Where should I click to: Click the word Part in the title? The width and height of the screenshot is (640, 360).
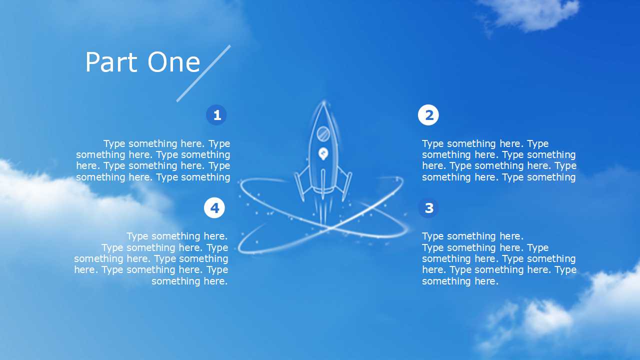pyautogui.click(x=111, y=62)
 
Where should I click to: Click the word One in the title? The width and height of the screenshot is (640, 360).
pyautogui.click(x=173, y=62)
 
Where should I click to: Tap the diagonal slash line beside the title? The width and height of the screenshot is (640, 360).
pyautogui.click(x=203, y=73)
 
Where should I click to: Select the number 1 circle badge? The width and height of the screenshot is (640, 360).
pyautogui.click(x=216, y=115)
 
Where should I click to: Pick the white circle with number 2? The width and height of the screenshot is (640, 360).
pyautogui.click(x=428, y=115)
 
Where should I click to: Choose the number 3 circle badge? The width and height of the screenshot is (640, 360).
pyautogui.click(x=428, y=207)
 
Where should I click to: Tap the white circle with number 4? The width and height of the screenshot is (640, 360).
pyautogui.click(x=214, y=207)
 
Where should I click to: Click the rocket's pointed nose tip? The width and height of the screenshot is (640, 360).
pyautogui.click(x=323, y=101)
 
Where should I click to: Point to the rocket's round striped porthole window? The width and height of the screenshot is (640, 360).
pyautogui.click(x=323, y=133)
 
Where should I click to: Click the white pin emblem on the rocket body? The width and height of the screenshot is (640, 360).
pyautogui.click(x=323, y=153)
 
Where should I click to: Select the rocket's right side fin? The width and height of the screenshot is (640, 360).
pyautogui.click(x=344, y=183)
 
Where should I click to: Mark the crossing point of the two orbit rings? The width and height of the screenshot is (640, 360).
pyautogui.click(x=330, y=227)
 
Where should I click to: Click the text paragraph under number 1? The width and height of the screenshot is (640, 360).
pyautogui.click(x=153, y=160)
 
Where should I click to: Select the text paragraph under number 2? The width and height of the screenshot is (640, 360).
pyautogui.click(x=499, y=160)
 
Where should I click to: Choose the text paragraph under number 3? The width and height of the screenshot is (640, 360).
pyautogui.click(x=499, y=258)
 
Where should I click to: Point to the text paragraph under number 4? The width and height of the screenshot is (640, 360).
pyautogui.click(x=151, y=258)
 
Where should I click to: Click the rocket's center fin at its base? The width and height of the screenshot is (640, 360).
pyautogui.click(x=323, y=184)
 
